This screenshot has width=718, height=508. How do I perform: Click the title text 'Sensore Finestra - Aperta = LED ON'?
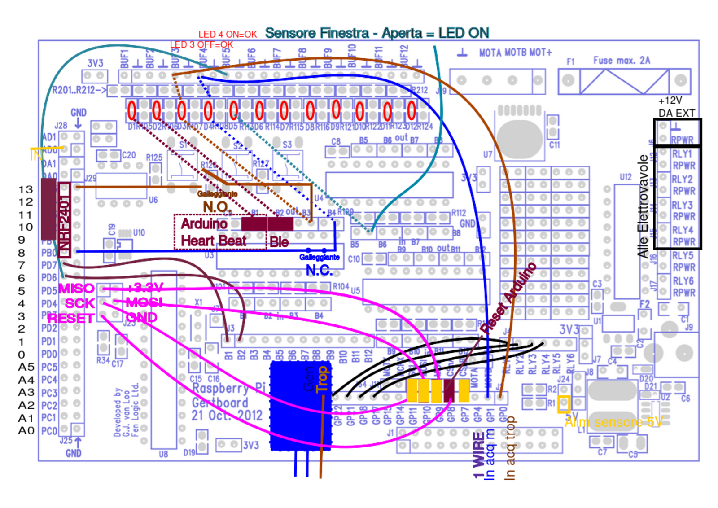pos(377,33)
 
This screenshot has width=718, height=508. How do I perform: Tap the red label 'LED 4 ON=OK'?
pos(228,35)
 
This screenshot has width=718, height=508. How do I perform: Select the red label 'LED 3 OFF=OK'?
pos(201,45)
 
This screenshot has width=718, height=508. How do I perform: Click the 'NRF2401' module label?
pos(64,220)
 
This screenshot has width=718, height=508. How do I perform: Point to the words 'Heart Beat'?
pos(213,241)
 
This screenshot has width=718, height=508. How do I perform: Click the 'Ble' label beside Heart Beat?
pos(279,242)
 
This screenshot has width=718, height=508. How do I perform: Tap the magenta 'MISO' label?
pos(76,288)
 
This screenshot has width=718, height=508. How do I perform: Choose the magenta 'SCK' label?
pos(80,303)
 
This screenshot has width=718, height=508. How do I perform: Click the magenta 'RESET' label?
pos(70,319)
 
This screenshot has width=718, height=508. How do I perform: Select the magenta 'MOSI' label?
pos(144,302)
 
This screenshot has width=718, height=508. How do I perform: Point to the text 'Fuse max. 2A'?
pos(622,61)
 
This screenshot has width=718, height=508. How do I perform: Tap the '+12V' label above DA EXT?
pos(670,101)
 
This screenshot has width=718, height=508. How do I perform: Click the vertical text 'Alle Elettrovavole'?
pos(643,206)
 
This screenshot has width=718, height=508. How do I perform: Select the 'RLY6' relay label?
pos(683,281)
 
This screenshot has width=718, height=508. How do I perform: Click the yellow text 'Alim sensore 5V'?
pos(613,422)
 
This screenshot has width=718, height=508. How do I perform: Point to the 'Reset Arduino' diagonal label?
pos(508,298)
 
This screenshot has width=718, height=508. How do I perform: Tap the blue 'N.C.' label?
pos(319,270)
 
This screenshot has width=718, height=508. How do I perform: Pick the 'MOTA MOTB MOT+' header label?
pos(515,53)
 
